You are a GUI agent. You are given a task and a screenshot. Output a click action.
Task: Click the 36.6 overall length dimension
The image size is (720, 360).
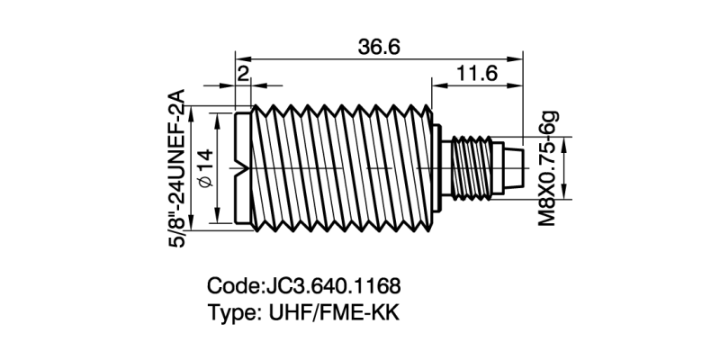pyautogui.click(x=378, y=48)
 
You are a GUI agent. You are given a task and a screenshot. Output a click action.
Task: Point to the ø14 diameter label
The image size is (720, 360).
pyautogui.click(x=203, y=168)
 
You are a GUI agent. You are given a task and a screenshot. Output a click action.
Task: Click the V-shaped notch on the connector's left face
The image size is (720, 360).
pyautogui.click(x=241, y=167)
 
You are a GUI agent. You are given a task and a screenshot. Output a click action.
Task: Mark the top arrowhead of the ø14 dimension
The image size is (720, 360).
pyautogui.click(x=218, y=116)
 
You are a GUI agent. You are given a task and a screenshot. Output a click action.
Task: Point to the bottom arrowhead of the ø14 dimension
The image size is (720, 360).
pyautogui.click(x=218, y=220)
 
